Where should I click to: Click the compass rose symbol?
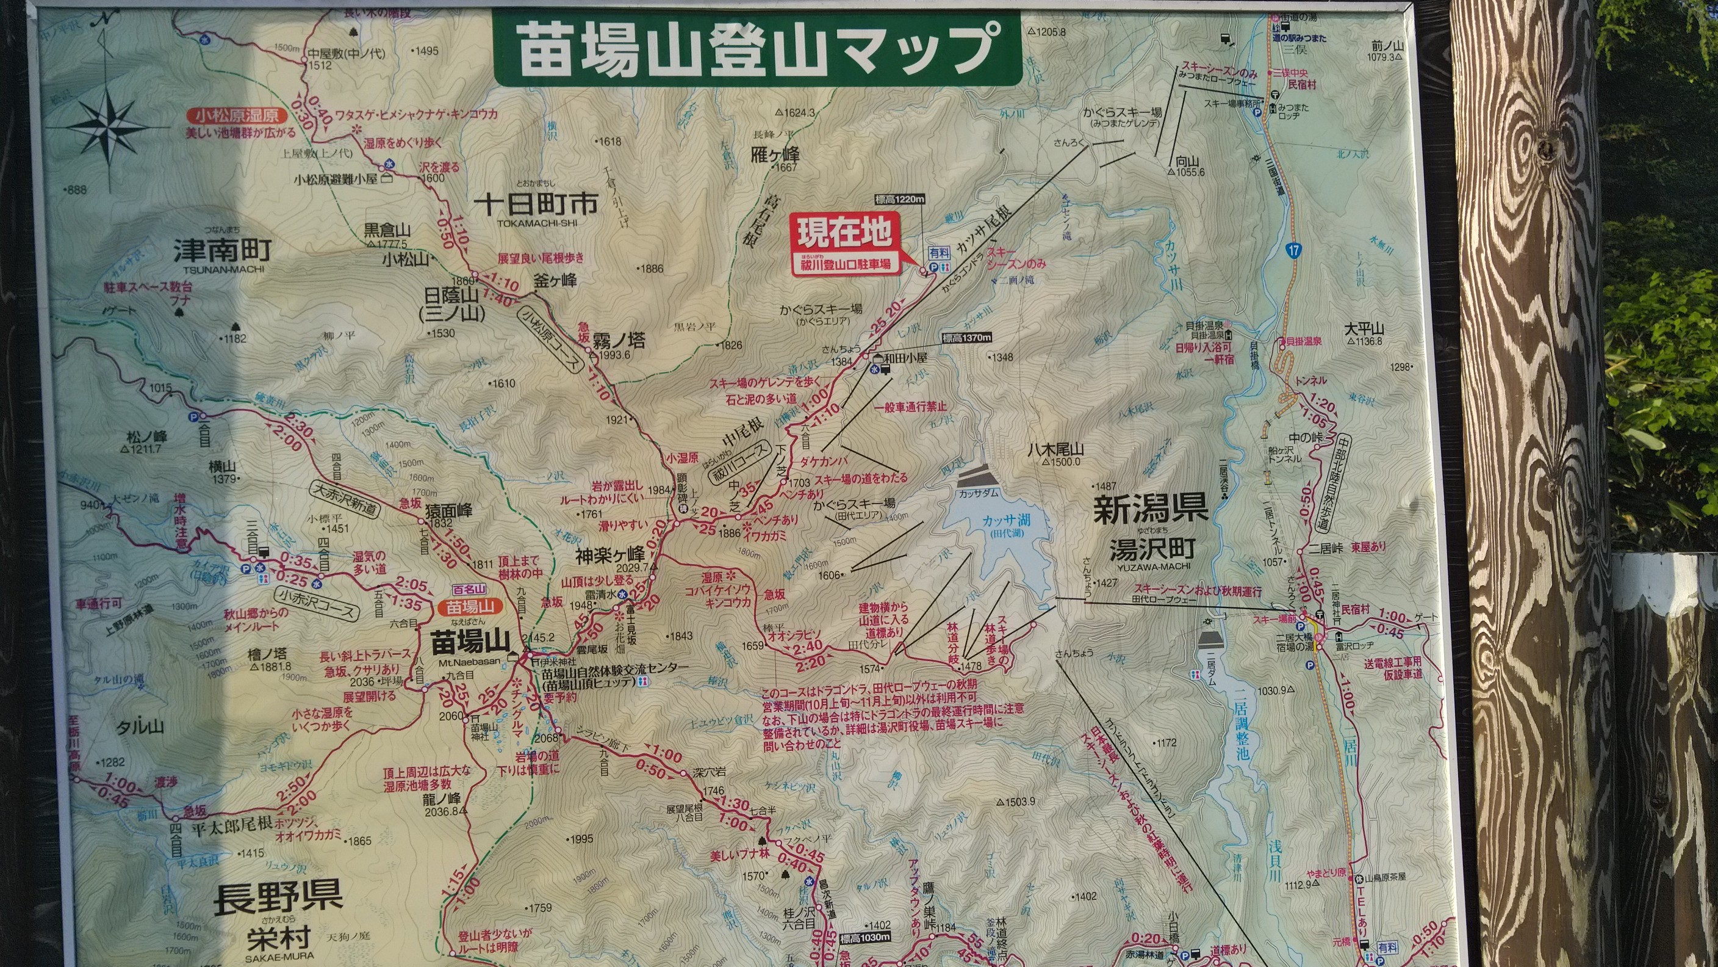click(x=107, y=126)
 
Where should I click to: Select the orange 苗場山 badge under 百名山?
click(x=470, y=607)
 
